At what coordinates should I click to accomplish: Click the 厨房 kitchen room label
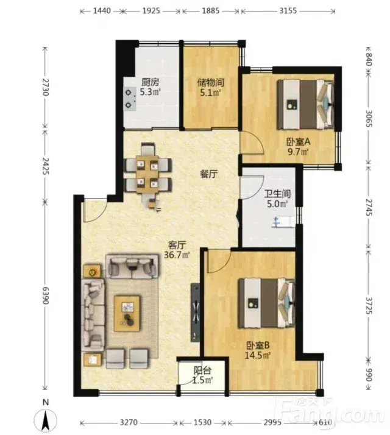click(x=150, y=82)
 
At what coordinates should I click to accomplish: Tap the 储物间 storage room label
click(x=210, y=82)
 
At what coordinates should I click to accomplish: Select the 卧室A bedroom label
click(x=298, y=142)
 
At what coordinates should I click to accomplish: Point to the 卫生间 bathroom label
click(x=277, y=194)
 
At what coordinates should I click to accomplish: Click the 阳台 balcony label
click(x=203, y=370)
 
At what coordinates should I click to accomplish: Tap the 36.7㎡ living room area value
click(x=177, y=255)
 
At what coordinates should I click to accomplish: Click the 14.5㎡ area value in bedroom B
click(x=258, y=355)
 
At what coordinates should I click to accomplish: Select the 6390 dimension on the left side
click(x=45, y=295)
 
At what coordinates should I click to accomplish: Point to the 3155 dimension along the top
click(x=288, y=11)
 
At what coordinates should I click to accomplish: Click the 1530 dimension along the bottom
click(x=203, y=423)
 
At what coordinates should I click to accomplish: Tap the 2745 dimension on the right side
click(x=369, y=207)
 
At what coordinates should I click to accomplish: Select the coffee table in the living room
click(x=127, y=313)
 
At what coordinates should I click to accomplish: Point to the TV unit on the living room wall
click(x=195, y=313)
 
